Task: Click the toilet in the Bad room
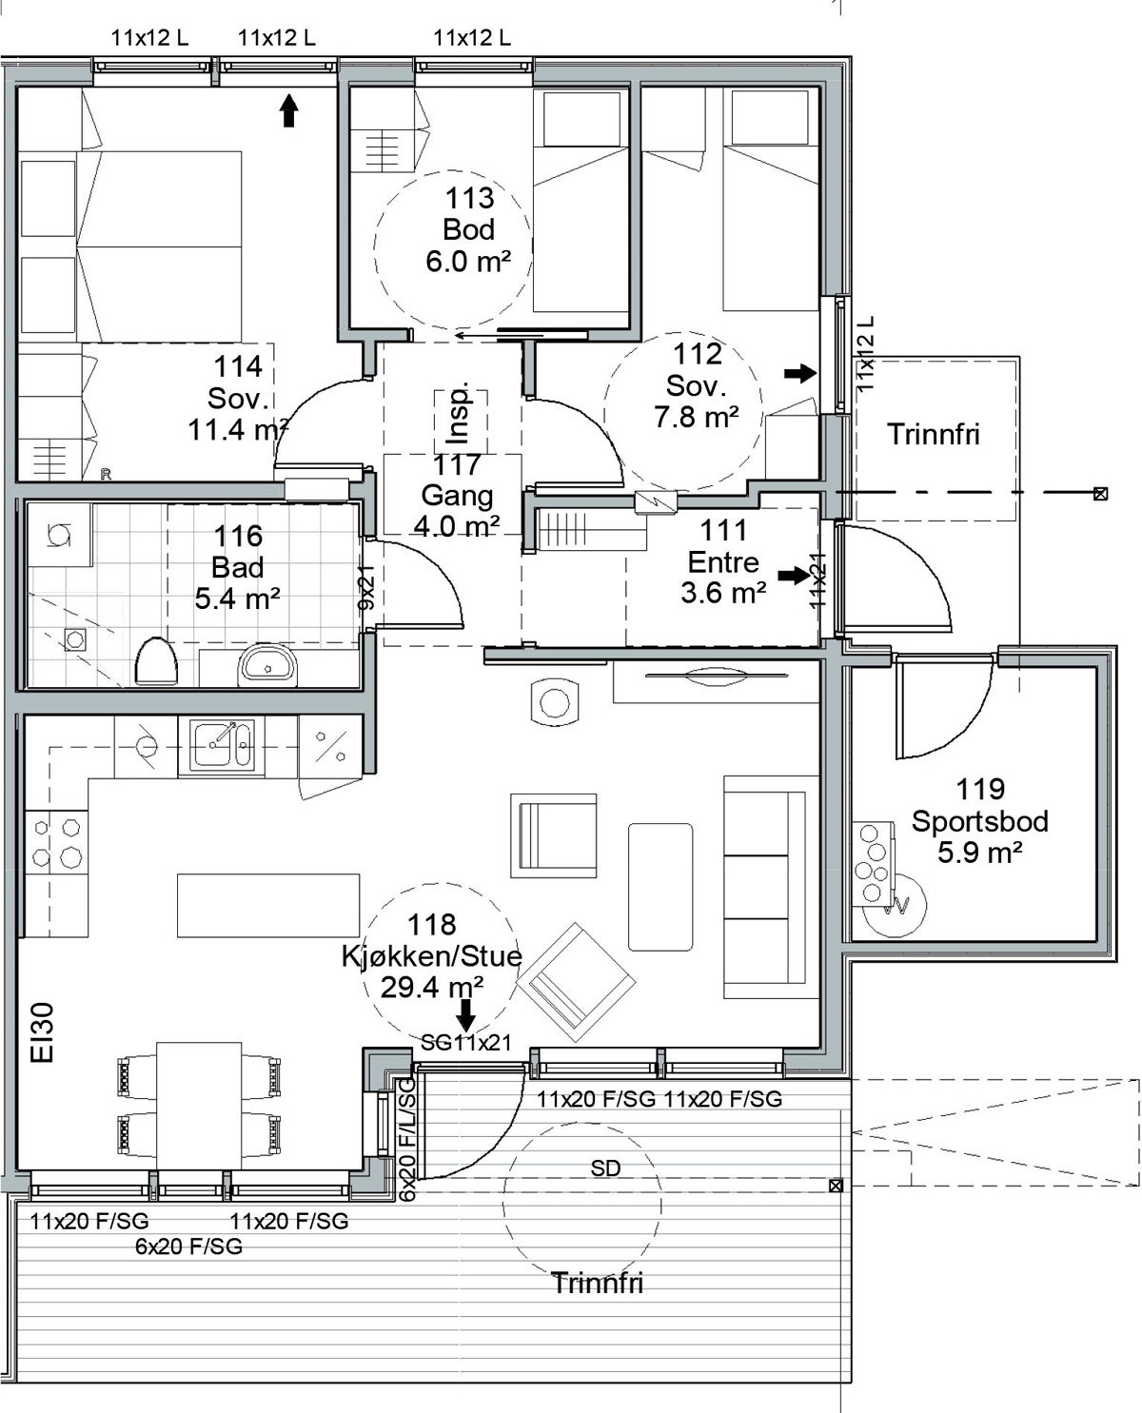pos(157,661)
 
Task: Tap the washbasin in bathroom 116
pos(267,665)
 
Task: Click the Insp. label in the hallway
pos(459,412)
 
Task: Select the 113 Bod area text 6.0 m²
pos(468,262)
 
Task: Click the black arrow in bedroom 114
pos(288,110)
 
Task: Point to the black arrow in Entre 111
pos(795,575)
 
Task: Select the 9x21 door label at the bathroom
pos(366,586)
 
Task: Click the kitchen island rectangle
pos(268,905)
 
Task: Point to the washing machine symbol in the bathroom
pos(60,535)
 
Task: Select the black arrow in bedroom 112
pos(800,373)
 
